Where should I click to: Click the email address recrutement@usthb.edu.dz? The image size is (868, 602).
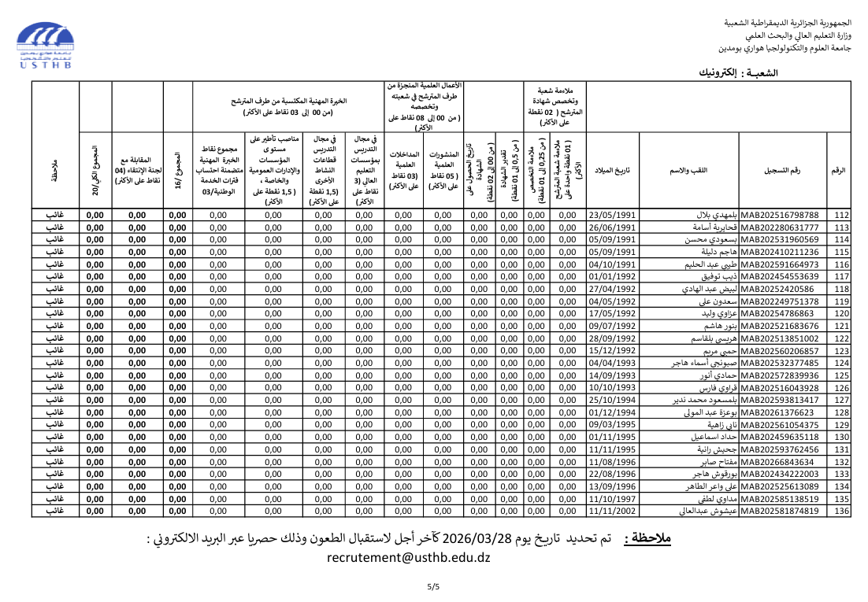coord(408,557)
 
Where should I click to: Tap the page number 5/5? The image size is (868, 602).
coord(434,586)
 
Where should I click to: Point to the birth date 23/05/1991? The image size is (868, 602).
coord(612,215)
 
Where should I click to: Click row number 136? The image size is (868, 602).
coord(841,511)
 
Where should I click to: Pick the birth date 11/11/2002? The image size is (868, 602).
coord(612,511)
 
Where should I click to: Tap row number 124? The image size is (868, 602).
coord(841,363)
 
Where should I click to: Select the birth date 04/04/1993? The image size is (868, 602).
coord(612,363)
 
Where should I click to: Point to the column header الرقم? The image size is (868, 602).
coord(839,171)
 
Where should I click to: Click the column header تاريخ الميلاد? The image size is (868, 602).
coord(612,171)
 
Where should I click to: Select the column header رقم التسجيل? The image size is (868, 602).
coord(782,171)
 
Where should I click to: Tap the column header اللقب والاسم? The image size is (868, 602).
coord(688,171)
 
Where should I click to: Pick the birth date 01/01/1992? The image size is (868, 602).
coord(612,276)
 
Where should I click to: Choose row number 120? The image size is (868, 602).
coord(841,313)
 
